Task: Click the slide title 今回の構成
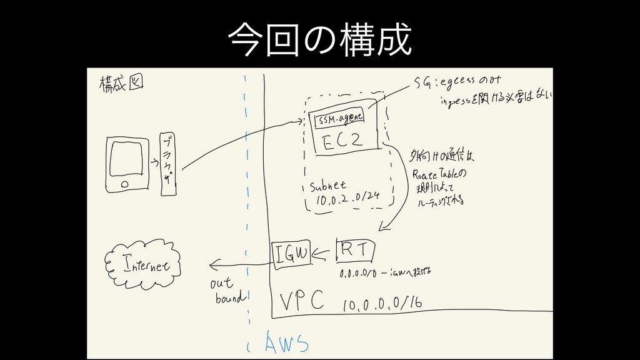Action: click(319, 39)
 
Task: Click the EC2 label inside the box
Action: click(342, 141)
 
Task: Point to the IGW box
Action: click(291, 253)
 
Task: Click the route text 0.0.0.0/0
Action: click(357, 273)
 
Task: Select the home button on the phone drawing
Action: click(124, 184)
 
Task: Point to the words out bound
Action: click(228, 291)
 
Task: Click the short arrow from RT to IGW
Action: click(322, 253)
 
